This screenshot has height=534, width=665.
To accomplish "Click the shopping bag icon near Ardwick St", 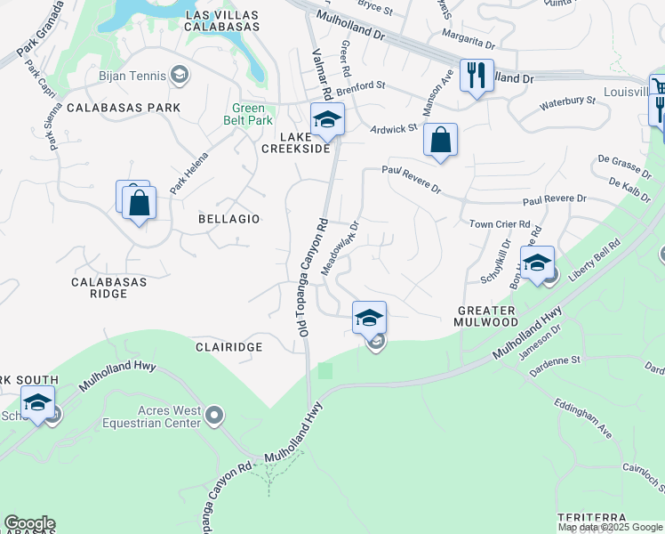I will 440,140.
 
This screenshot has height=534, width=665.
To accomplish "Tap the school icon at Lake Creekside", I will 327,119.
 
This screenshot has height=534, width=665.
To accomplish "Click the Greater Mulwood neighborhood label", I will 486,316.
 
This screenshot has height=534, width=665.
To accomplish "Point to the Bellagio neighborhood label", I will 229,218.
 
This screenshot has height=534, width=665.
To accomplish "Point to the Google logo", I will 29,523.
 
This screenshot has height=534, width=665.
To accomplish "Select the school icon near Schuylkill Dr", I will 537,263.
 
